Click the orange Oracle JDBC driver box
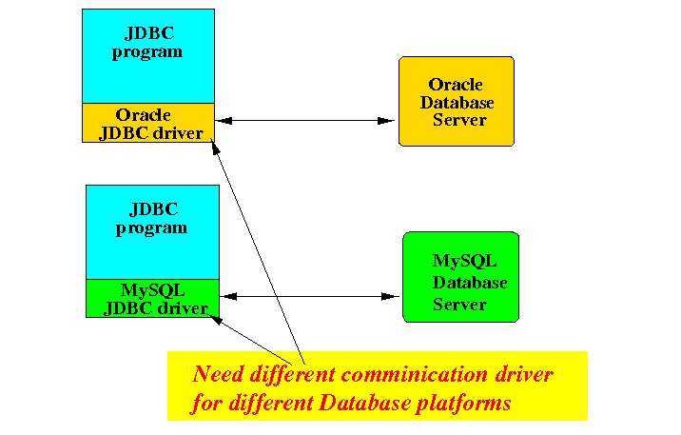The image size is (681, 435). click(x=148, y=123)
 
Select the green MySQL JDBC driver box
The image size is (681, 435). click(x=152, y=299)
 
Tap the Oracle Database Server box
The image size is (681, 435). click(x=457, y=101)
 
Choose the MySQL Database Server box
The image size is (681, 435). click(x=460, y=277)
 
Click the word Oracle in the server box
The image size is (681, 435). click(x=456, y=85)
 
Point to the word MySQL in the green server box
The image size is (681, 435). click(x=464, y=261)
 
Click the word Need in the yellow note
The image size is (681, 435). click(x=218, y=374)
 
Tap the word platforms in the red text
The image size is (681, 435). click(x=463, y=404)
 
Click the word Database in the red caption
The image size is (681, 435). click(x=365, y=403)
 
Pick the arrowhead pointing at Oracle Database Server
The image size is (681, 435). click(x=386, y=121)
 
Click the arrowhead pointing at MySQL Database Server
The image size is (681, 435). click(x=390, y=297)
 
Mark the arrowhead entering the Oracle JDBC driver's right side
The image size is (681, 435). click(x=224, y=121)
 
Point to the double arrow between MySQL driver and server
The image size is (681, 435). click(x=309, y=297)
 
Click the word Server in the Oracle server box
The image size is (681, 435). click(x=459, y=120)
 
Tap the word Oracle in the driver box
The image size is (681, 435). click(x=143, y=115)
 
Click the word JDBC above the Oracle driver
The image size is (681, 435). click(x=149, y=33)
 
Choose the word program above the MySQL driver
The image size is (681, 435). click(x=151, y=229)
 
